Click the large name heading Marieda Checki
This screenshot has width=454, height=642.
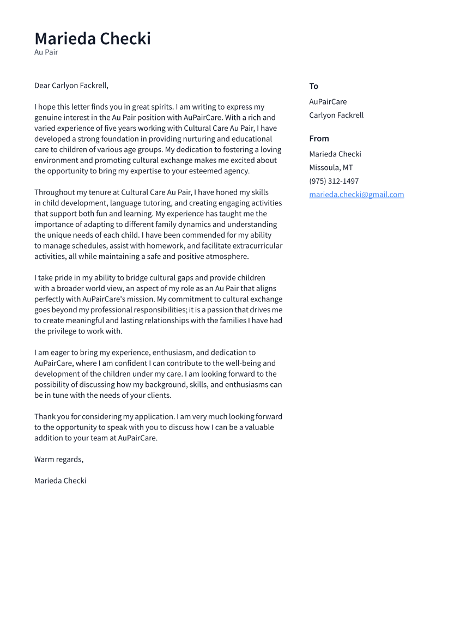click(x=93, y=39)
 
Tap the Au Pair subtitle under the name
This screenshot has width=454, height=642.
click(x=46, y=52)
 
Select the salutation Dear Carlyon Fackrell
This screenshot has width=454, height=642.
click(x=71, y=86)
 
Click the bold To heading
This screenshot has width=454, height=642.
click(x=313, y=86)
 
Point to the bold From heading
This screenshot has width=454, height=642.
click(x=319, y=138)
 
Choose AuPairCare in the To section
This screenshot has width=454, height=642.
click(x=328, y=101)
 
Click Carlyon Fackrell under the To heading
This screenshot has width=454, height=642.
click(x=336, y=115)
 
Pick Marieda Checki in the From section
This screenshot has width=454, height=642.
click(x=335, y=154)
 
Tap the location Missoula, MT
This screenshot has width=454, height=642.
click(x=331, y=167)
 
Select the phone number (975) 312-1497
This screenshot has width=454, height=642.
click(x=334, y=181)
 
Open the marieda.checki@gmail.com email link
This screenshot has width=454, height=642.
click(x=356, y=195)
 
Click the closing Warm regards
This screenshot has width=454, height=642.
click(x=59, y=459)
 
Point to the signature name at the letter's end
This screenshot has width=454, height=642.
click(x=60, y=481)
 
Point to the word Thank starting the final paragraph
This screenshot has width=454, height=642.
click(x=45, y=417)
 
